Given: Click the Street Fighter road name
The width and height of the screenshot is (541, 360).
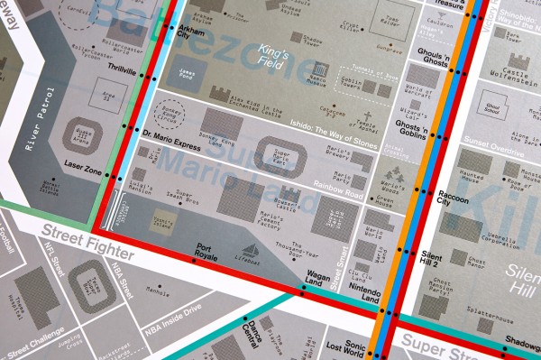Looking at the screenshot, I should point(86,241).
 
